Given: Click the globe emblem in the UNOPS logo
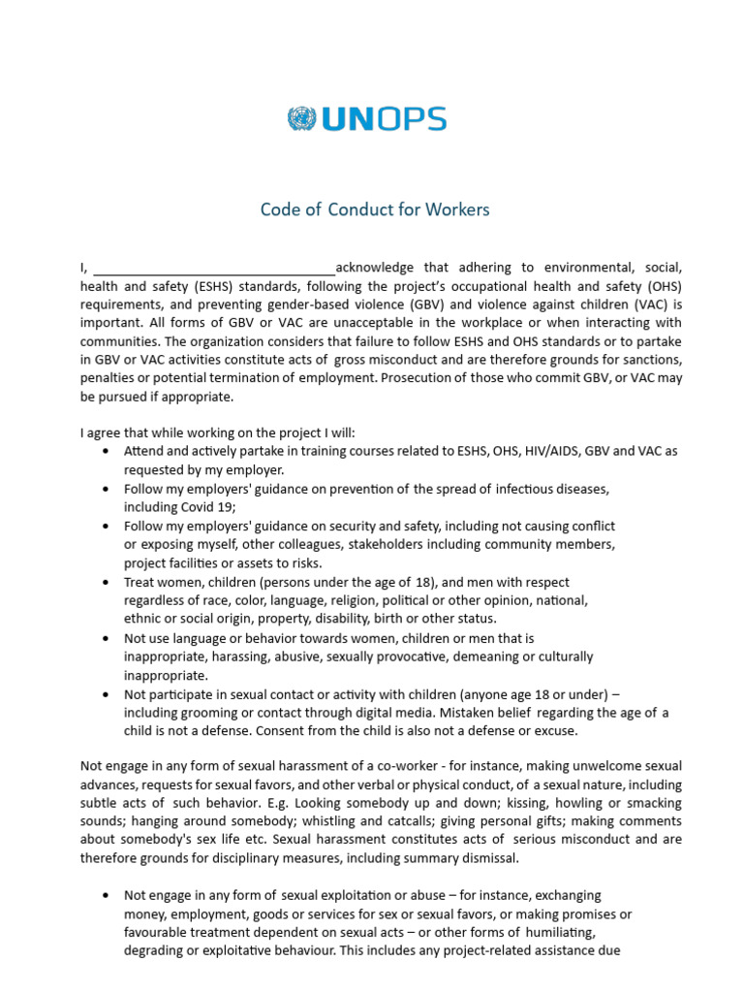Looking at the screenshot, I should (301, 119).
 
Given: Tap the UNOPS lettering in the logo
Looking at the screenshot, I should (384, 119).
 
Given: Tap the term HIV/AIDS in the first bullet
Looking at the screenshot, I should (548, 451).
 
